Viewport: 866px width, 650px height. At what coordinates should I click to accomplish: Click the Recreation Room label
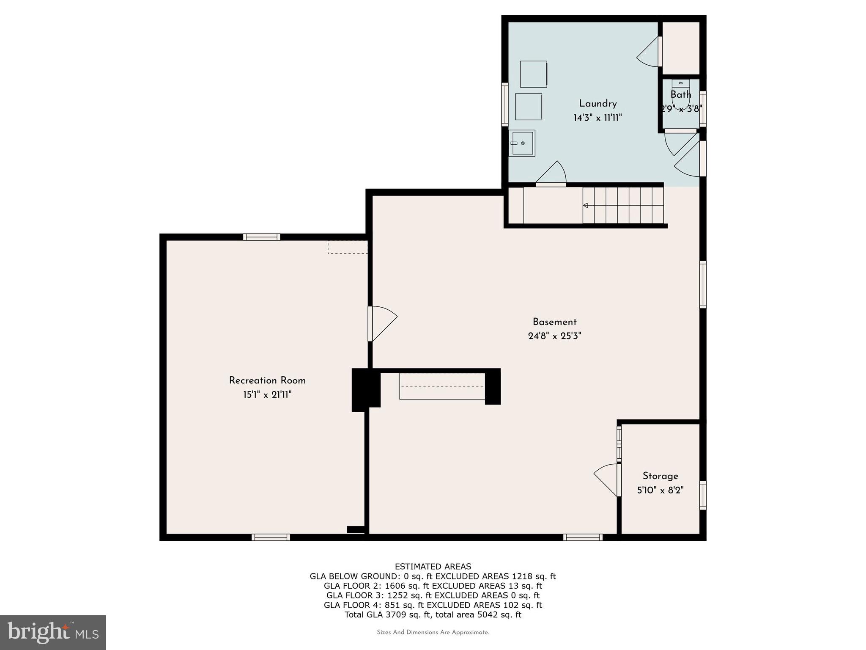(267, 380)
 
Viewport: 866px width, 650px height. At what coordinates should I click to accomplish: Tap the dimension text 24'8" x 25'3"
(554, 336)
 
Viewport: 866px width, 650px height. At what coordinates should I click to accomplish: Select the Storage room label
(660, 476)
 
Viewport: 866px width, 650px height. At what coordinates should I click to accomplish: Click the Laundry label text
(597, 104)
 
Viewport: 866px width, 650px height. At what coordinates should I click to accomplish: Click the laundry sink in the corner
(522, 143)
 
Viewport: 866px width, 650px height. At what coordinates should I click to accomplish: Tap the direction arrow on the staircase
(586, 206)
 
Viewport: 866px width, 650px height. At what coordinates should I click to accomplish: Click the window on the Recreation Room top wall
(262, 237)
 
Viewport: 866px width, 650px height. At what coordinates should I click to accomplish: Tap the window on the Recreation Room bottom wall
(271, 537)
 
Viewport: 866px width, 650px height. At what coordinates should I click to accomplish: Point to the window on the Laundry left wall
(504, 104)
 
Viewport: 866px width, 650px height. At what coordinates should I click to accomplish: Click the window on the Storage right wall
(703, 495)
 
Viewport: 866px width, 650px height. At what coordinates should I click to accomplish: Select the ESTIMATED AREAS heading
(433, 567)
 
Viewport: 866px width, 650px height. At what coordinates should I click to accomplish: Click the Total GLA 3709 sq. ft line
(433, 615)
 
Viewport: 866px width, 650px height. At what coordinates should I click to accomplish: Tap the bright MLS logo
(53, 632)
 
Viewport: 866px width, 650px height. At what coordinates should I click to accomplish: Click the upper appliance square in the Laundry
(534, 74)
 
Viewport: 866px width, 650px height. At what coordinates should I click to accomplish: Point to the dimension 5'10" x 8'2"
(660, 490)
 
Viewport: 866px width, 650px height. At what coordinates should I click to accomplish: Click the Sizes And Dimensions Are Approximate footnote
(433, 633)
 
